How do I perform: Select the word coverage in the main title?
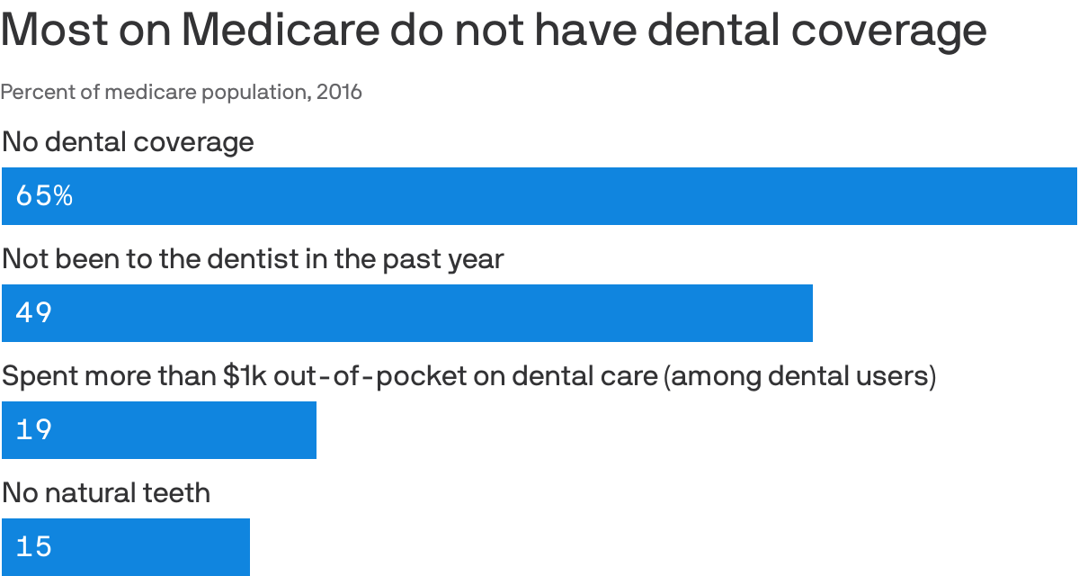[x=889, y=31]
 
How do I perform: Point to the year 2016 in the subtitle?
[x=339, y=92]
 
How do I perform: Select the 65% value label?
[x=44, y=196]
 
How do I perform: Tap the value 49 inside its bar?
[x=34, y=313]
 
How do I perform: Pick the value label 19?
[x=34, y=430]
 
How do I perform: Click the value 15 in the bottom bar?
[x=34, y=547]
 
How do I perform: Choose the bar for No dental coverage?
[x=539, y=196]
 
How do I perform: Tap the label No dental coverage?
[x=128, y=142]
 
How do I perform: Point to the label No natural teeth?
[x=106, y=493]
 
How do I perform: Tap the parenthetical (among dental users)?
[x=799, y=376]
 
